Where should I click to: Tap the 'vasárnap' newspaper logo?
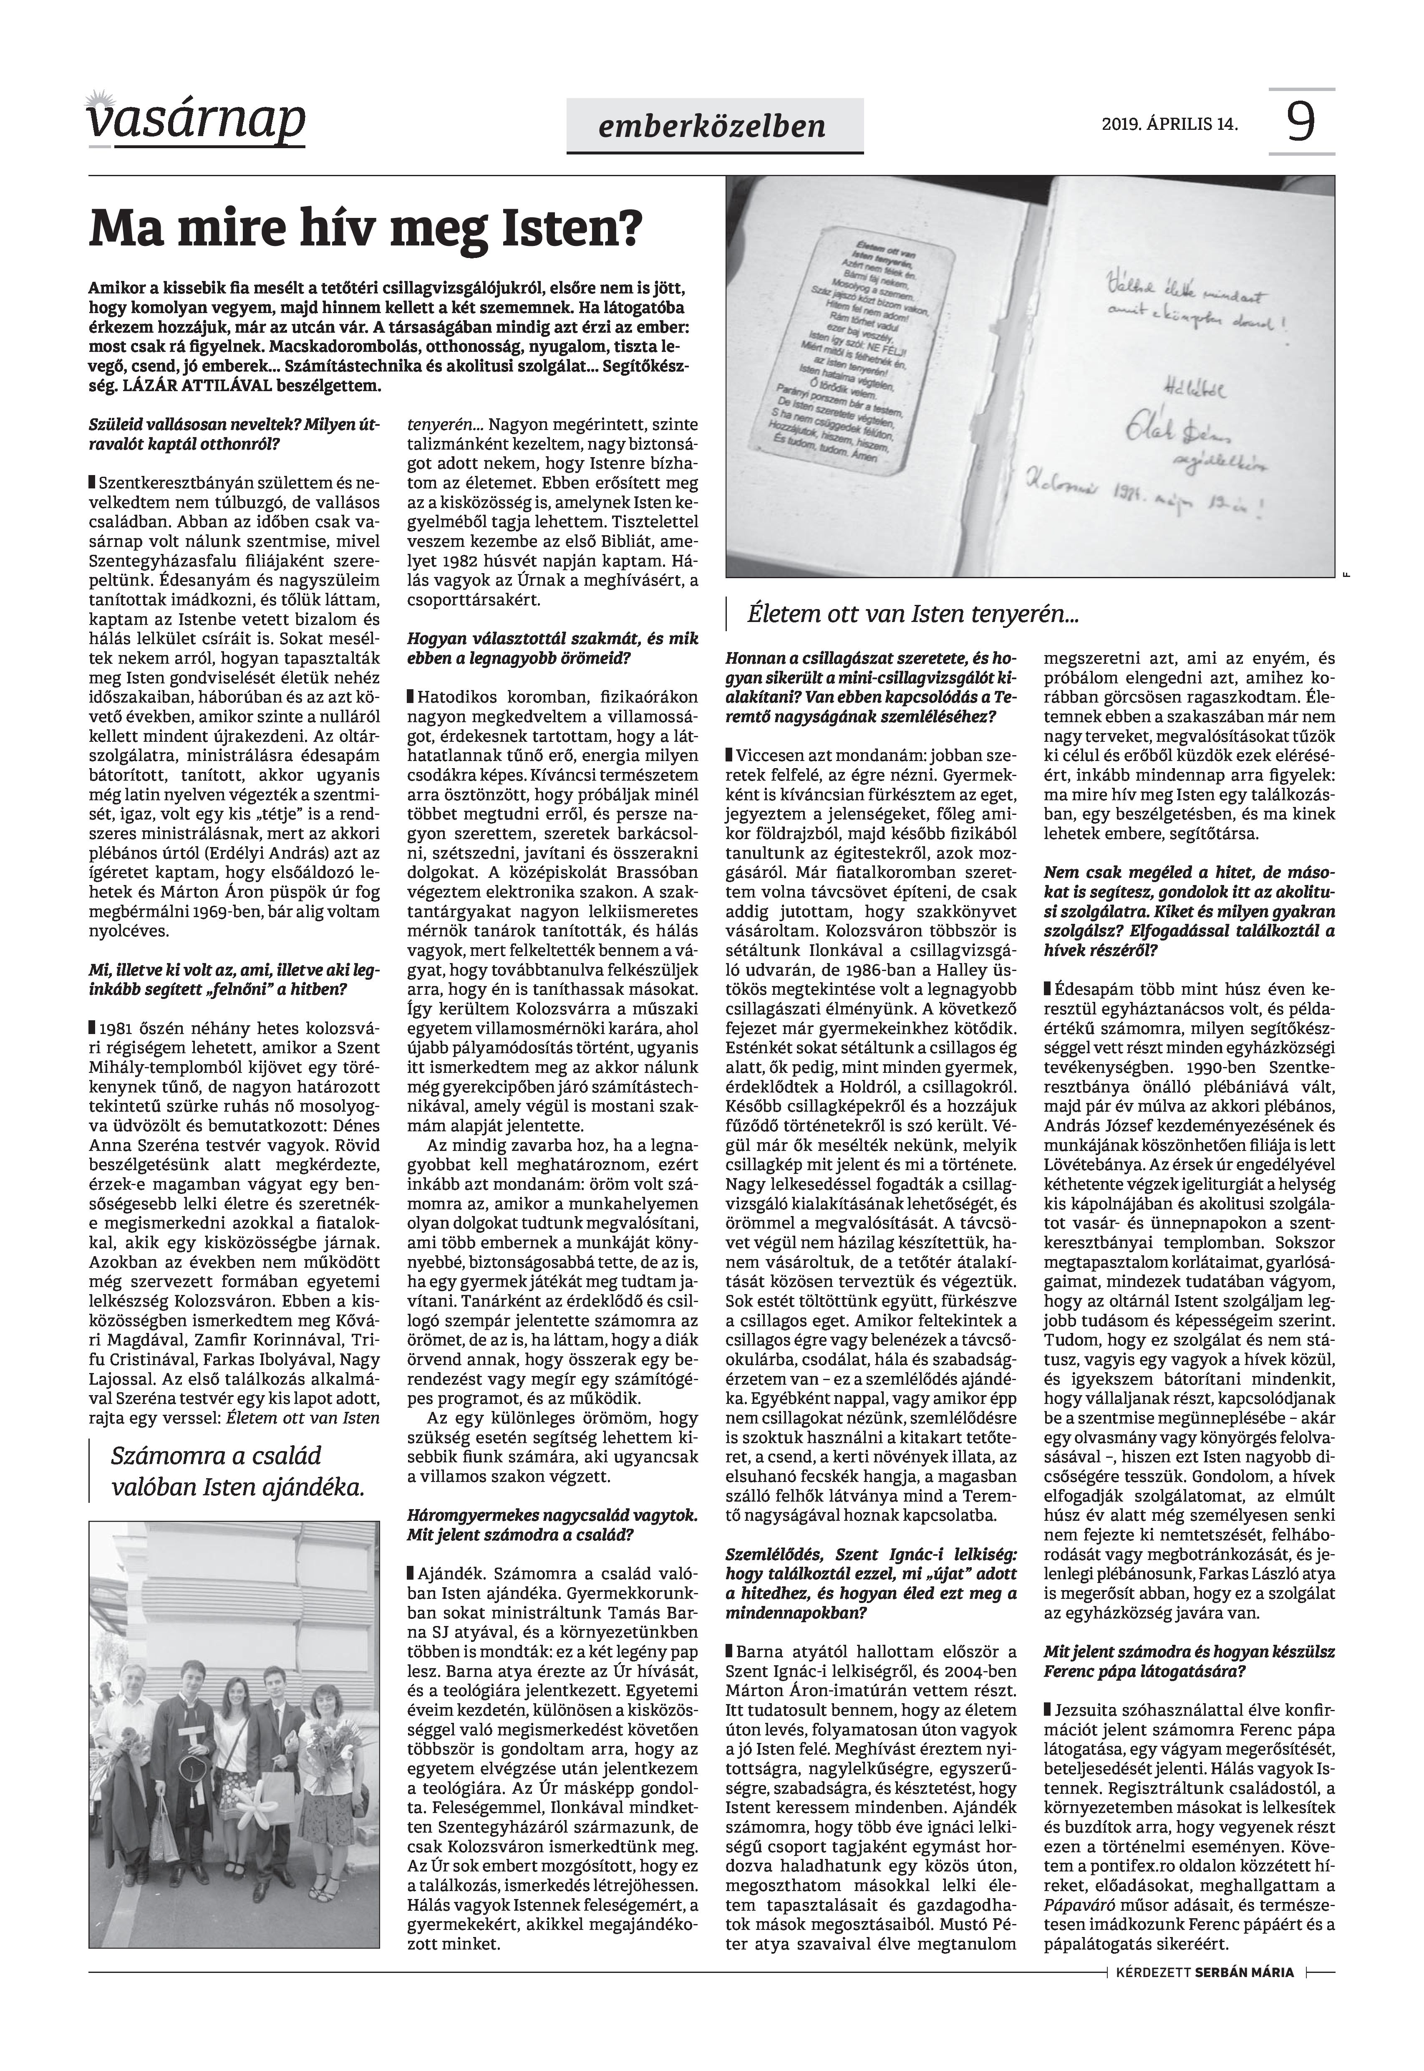196,121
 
